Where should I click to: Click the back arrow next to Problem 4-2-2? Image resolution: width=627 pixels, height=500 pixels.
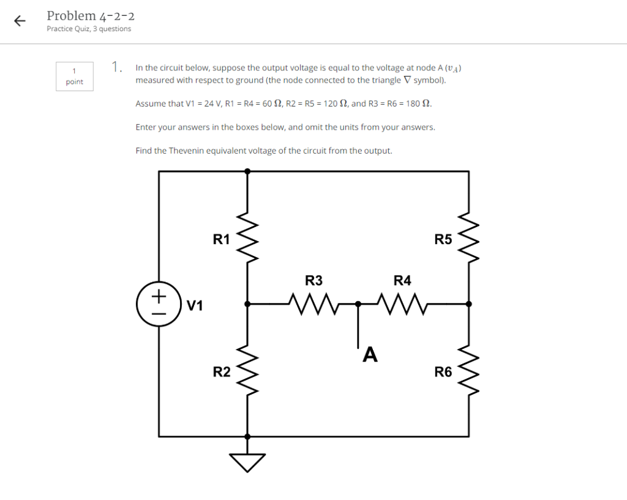point(20,21)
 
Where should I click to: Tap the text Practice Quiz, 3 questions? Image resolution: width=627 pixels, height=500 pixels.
point(89,29)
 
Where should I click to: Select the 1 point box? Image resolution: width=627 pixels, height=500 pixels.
point(75,76)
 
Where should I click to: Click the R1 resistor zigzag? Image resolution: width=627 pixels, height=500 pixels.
point(247,237)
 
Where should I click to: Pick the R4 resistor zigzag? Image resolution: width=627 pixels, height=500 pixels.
point(402,303)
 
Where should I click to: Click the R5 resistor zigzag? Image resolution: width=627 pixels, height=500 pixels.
point(469,237)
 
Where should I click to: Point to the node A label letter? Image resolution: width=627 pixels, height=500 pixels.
point(370,354)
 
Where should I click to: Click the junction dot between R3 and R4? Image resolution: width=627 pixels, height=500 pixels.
point(358,303)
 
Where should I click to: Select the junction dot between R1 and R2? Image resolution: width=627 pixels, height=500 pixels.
point(247,303)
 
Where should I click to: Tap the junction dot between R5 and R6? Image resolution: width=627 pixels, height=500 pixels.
point(469,303)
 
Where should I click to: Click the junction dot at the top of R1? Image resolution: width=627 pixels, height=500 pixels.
point(247,171)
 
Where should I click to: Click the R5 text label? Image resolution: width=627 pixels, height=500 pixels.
point(443,239)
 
